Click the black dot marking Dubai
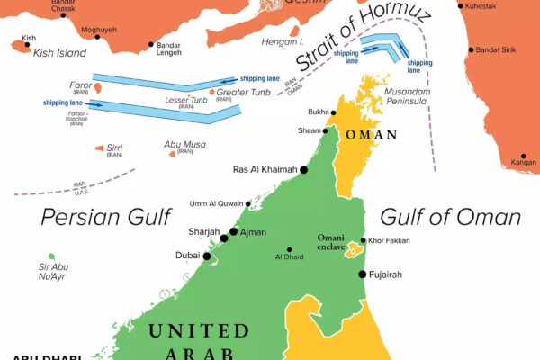coord(207,256)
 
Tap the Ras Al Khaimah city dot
coord(304,169)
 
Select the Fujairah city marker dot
coord(363,274)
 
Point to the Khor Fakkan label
coord(389,241)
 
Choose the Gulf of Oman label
coord(450,217)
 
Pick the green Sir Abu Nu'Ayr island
coord(51,256)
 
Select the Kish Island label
coord(58,53)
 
